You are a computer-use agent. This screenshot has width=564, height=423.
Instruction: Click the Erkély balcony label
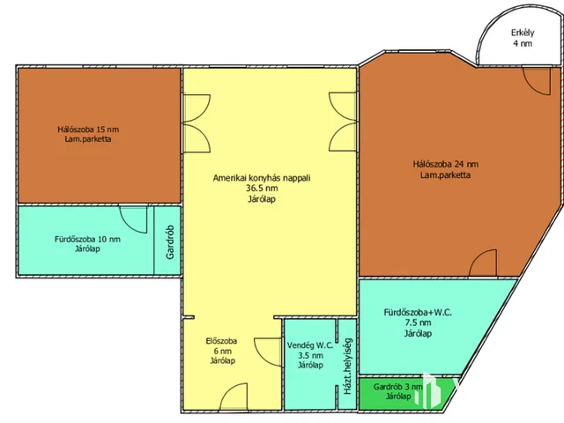523,33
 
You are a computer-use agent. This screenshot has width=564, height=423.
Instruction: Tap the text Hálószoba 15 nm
88,130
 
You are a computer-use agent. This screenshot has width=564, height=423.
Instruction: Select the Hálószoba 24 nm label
446,165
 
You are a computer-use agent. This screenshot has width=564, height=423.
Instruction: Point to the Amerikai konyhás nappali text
262,178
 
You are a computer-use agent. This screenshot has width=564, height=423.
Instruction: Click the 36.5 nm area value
262,188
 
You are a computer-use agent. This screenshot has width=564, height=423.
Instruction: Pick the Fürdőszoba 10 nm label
87,239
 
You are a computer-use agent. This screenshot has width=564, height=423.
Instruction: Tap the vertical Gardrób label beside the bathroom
170,242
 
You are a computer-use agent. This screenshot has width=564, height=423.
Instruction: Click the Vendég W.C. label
310,345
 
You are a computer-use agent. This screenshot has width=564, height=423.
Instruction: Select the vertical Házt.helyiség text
347,367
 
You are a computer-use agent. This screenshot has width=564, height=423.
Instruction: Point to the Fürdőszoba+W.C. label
418,313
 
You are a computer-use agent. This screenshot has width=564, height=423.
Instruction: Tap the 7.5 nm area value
418,323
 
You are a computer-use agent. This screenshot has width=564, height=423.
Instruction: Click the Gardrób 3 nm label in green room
398,387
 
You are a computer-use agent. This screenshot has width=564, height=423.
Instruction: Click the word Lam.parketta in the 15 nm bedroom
88,139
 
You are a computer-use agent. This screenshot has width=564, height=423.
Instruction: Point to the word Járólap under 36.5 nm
262,199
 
